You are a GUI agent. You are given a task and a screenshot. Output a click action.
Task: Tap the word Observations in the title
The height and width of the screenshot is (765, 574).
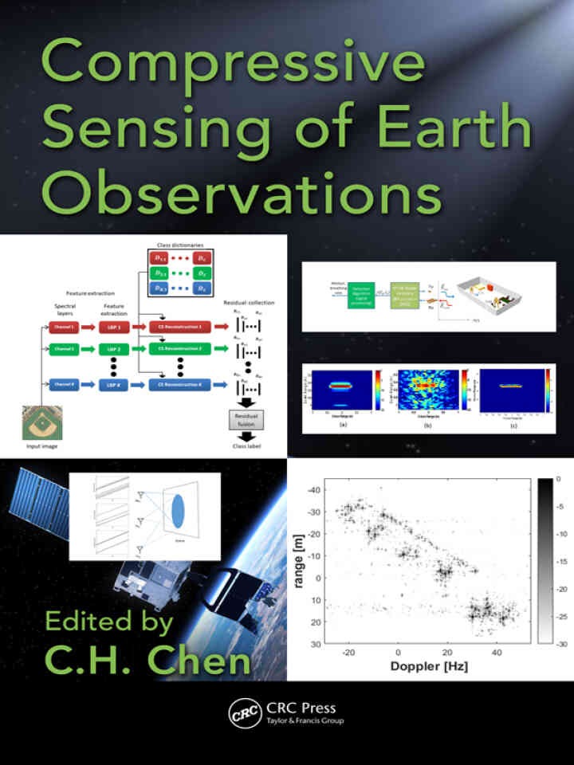pos(241,191)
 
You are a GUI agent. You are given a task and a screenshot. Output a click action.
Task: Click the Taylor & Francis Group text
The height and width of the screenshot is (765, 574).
pos(305,720)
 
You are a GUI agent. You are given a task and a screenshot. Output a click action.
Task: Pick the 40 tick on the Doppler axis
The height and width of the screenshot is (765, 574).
pos(497,651)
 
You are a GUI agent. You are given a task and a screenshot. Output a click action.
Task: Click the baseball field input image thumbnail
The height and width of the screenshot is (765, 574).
pos(42,423)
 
